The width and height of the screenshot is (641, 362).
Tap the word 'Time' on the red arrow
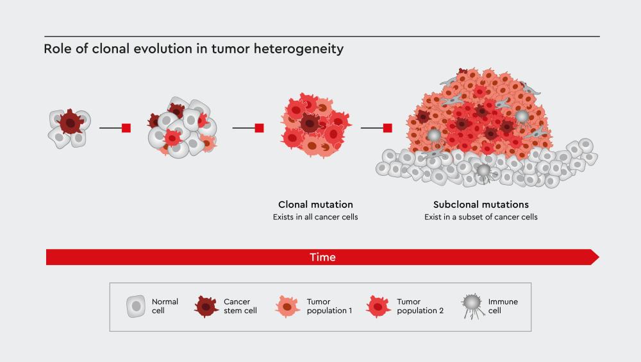click(x=322, y=257)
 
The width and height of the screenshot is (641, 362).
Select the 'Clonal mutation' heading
click(x=315, y=205)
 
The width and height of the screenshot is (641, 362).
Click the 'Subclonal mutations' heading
click(x=481, y=205)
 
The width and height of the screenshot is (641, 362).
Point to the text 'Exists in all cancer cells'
click(x=315, y=217)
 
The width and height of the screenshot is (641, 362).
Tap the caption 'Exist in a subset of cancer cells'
click(x=481, y=217)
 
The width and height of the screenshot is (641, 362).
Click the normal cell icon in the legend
click(x=135, y=306)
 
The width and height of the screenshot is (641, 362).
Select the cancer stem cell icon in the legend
click(x=206, y=307)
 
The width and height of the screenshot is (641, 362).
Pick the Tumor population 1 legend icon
click(x=288, y=307)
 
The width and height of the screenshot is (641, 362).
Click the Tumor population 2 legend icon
click(x=378, y=307)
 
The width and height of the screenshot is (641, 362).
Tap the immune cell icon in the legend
click(x=472, y=304)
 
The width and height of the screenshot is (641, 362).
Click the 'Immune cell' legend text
click(x=503, y=306)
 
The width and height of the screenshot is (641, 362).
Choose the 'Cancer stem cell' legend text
click(x=240, y=306)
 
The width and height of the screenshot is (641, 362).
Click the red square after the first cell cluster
click(x=126, y=128)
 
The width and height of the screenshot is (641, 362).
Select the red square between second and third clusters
click(x=259, y=128)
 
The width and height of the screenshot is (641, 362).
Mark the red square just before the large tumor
click(x=387, y=128)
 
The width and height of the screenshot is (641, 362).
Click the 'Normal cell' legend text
click(x=165, y=306)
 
